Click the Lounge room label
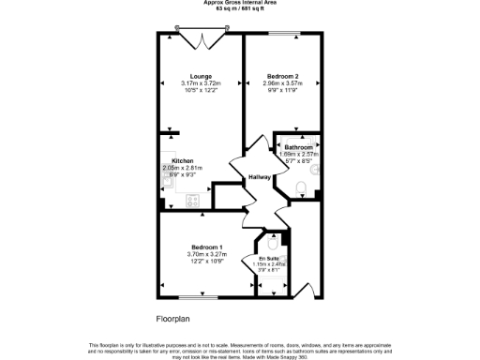pos(200,76)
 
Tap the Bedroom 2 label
pos(282,76)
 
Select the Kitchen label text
pos(182,160)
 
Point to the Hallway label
pos(260,177)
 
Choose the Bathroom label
pos(299,148)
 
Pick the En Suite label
pos(268,257)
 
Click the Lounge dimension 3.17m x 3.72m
pos(200,83)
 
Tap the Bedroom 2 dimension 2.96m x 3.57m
pos(282,83)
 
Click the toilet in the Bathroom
pos(300,191)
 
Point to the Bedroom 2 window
pos(282,34)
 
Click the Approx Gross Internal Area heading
pos(239,3)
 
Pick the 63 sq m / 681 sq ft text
pos(239,9)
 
